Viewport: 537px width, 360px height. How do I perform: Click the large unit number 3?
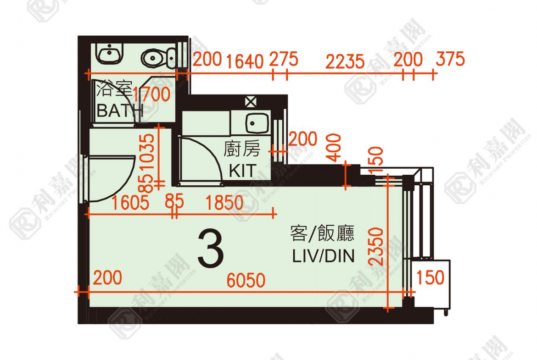(x=211, y=250)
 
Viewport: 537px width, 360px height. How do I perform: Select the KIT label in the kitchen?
(x=242, y=171)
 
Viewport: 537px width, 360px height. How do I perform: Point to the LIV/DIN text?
(x=324, y=256)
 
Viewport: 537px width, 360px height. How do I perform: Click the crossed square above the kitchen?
(x=250, y=102)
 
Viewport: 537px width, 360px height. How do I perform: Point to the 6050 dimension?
(x=246, y=280)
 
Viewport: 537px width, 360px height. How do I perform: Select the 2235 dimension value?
(x=345, y=61)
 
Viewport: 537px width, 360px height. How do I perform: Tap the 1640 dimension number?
(x=244, y=61)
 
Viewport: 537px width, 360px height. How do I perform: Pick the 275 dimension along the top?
(x=284, y=59)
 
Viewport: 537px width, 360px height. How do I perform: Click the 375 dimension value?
(x=450, y=59)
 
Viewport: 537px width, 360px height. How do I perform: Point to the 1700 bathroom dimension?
(x=151, y=94)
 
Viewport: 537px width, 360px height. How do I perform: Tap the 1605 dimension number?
(x=131, y=203)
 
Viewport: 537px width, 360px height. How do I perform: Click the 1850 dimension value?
(x=225, y=203)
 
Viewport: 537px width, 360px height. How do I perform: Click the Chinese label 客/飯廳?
(x=322, y=234)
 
